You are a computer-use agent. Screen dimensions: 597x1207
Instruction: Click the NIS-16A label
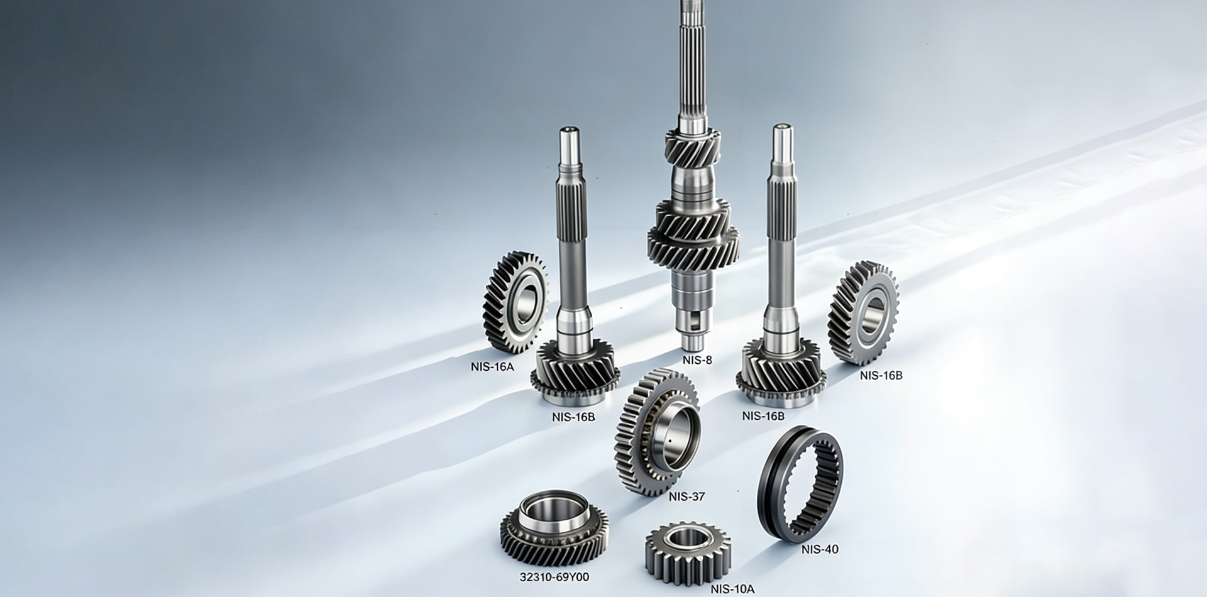point(492,367)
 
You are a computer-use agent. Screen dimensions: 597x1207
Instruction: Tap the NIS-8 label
point(697,360)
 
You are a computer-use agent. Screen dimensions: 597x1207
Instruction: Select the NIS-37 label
point(686,496)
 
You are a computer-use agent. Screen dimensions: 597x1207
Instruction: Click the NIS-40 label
point(820,549)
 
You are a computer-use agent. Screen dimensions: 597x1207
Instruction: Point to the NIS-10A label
point(732,589)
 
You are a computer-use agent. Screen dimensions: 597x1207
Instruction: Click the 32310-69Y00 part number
point(554,577)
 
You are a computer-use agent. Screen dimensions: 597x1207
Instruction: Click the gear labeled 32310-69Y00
point(554,527)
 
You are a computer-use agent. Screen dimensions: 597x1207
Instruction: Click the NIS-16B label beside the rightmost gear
point(881,375)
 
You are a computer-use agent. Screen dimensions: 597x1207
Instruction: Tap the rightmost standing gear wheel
point(863,313)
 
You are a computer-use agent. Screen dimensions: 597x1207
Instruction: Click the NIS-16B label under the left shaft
point(573,416)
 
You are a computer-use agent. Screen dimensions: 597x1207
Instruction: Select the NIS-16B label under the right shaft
point(763,416)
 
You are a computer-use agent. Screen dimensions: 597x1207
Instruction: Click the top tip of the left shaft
point(570,132)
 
